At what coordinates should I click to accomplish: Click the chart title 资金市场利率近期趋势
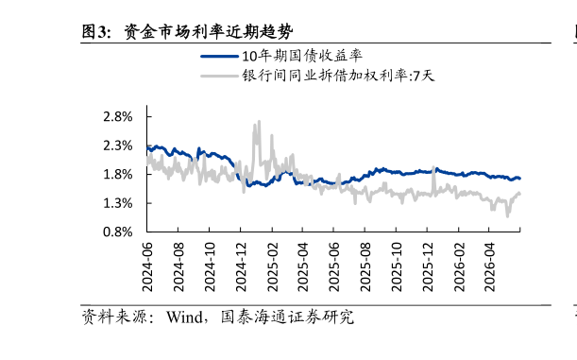tap(209, 32)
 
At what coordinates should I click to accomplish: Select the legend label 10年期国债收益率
tap(302, 56)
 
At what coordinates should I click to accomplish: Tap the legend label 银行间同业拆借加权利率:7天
tap(338, 76)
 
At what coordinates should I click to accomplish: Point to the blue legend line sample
tap(220, 57)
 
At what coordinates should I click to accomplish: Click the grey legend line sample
tap(220, 77)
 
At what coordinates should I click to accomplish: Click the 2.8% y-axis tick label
tap(118, 117)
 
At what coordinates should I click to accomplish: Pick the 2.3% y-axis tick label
tap(118, 146)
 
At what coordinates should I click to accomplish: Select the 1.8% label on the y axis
tap(118, 175)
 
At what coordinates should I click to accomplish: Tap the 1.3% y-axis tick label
tap(118, 203)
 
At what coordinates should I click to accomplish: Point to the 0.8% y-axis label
tap(118, 231)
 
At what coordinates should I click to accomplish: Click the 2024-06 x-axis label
tap(147, 267)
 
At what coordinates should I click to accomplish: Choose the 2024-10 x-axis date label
tap(210, 267)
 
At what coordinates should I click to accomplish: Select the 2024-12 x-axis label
tap(241, 267)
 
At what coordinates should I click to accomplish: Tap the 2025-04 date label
tap(302, 267)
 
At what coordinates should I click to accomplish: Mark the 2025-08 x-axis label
tap(365, 267)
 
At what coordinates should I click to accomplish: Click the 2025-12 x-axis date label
tap(428, 267)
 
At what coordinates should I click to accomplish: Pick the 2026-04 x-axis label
tap(489, 267)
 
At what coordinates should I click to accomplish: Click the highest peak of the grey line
tap(259, 122)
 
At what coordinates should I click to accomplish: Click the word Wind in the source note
tap(184, 317)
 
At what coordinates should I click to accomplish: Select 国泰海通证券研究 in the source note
tap(287, 317)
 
